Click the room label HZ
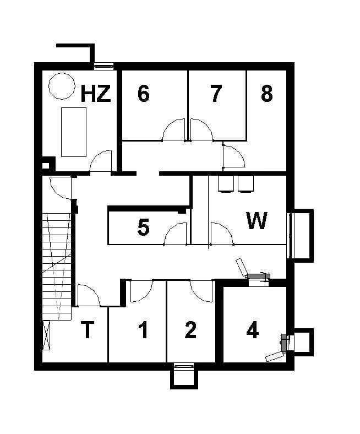click(96, 93)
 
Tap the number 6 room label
click(143, 93)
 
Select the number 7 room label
click(216, 93)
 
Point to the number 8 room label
click(267, 93)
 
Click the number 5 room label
click(143, 227)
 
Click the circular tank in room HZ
click(62, 86)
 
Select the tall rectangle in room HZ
click(74, 132)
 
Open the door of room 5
click(176, 234)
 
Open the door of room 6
click(173, 130)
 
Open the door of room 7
click(201, 130)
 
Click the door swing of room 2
click(201, 291)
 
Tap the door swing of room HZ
click(101, 161)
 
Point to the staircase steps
click(57, 267)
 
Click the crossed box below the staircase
click(46, 335)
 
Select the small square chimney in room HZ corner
click(46, 166)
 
